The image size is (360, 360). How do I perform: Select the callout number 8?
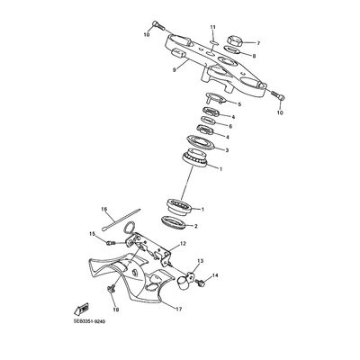pos(254,56)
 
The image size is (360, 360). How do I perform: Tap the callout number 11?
pos(212,27)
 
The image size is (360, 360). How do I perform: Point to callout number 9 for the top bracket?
pos(174,70)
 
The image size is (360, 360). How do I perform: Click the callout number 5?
pos(239,104)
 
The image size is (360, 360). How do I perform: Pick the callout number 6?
pos(230,126)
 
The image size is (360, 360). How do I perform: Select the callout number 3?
pos(227,150)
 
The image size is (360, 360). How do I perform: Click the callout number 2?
pos(196,226)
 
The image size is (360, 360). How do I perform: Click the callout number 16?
pos(104,209)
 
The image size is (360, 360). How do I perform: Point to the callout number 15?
pos(92,234)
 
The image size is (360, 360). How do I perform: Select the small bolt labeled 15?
pos(112,242)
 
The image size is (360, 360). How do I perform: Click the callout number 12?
pos(183,244)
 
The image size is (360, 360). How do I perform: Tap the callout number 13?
pos(200,261)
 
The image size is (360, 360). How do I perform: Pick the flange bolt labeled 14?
pos(200,282)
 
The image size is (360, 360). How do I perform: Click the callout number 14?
pos(215,275)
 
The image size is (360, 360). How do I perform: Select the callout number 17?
pos(178,309)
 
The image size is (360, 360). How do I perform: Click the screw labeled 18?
pos(111,289)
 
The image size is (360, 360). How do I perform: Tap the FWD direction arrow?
pos(81,309)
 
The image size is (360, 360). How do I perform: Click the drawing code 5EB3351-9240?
pos(86,321)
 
